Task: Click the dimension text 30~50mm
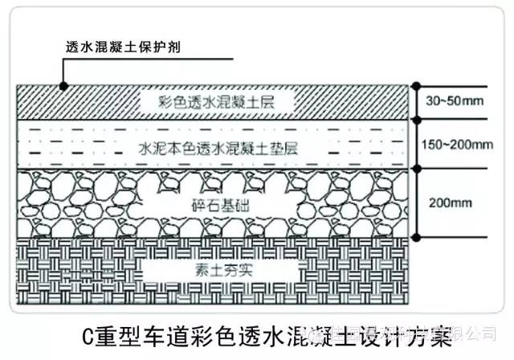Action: pyautogui.click(x=454, y=102)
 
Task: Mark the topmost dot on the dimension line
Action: pyautogui.click(x=416, y=84)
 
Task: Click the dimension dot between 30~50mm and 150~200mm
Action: pyautogui.click(x=416, y=119)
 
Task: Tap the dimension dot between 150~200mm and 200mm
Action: pyautogui.click(x=416, y=168)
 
